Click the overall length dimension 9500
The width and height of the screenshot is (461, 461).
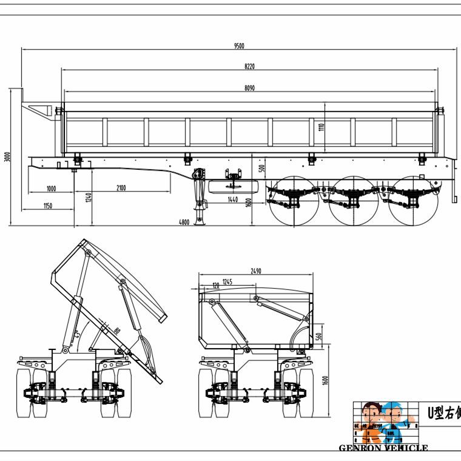[240, 46]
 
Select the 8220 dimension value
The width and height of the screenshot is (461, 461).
[249, 66]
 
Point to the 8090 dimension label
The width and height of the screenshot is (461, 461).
[249, 88]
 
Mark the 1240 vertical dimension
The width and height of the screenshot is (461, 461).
[88, 197]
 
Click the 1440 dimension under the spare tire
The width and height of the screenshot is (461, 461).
[232, 199]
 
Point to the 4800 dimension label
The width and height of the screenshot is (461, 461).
[184, 223]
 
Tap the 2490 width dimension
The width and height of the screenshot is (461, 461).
[255, 271]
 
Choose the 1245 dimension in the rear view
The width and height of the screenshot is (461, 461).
[227, 281]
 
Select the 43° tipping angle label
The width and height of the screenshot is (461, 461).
[77, 334]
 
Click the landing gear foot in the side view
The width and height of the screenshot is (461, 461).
[200, 224]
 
